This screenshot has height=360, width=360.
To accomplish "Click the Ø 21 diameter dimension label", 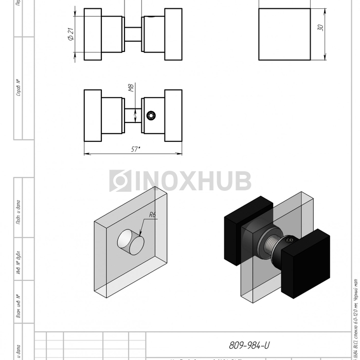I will (x=70, y=34).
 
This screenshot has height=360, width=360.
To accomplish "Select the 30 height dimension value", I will (x=320, y=28).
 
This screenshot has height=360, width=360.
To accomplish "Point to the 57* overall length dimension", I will (x=135, y=149).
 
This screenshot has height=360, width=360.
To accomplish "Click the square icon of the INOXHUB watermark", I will (x=120, y=181).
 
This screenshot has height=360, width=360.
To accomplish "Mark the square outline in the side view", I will (x=284, y=34).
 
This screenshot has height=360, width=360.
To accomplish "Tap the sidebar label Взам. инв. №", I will (x=18, y=307).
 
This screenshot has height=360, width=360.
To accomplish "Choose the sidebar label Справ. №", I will (x=18, y=88).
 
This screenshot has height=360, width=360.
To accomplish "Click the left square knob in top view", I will (x=93, y=34).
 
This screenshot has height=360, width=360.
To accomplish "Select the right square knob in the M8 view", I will (x=173, y=115).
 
